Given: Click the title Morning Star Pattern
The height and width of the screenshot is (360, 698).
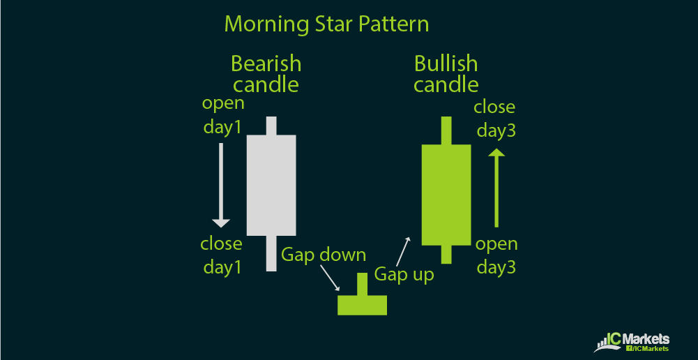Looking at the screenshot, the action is pos(327,24).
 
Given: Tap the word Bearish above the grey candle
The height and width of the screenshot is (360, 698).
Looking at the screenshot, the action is pos(266,63).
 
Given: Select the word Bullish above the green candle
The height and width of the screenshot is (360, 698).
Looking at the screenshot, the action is pos(446,63).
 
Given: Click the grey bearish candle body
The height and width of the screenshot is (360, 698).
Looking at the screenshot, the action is pos(271,185).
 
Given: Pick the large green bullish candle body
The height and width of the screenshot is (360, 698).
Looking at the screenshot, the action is pos(446,195).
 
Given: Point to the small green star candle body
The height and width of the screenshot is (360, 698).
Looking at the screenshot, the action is pos(363,305).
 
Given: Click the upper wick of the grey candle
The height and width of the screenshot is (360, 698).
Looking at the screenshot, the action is pos(271,126).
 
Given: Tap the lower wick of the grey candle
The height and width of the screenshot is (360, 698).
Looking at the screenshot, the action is pos(271,253).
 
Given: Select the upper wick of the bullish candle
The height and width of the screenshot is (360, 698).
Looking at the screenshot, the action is pos(446,130).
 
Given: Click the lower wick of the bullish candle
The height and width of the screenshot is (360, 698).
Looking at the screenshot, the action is pos(446,255).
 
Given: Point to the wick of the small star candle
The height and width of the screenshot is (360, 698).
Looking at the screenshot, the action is pos(363,284).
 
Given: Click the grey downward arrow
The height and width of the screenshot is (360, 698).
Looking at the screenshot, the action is pos(221,185).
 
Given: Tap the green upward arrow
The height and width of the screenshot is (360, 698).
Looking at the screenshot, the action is pos(496,188).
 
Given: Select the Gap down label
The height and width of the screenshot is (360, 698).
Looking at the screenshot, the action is pos(324,255).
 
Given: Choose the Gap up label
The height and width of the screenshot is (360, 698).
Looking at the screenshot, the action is pos(404,274).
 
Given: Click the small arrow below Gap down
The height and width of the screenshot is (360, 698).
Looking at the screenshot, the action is pos(330,278).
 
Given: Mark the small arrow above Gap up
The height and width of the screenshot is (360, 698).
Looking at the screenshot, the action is pos(403,252).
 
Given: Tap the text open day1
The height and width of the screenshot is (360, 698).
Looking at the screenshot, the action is pos(223,115).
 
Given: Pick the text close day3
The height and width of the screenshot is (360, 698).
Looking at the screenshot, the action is pos(494,119).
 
